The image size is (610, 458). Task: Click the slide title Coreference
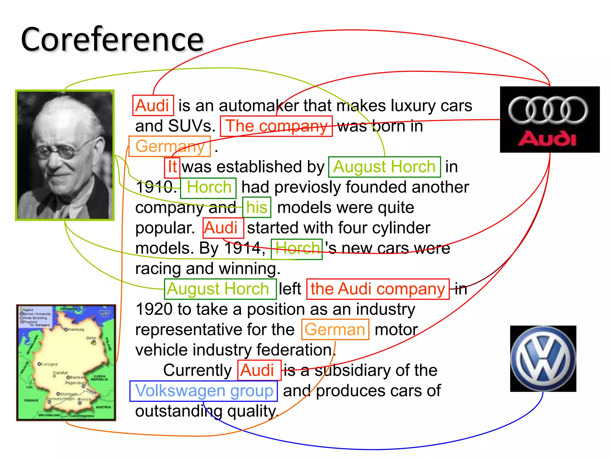pos(112,40)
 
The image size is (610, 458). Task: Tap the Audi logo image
pos(550,119)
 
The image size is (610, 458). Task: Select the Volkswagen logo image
pos(543,358)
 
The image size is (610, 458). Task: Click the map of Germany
pos(66,363)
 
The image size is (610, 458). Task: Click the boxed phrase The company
pos(276,126)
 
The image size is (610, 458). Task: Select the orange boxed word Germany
pos(170,146)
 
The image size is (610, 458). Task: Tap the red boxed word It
pos(172,167)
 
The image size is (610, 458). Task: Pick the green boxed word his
pos(256,207)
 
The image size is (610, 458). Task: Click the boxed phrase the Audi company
pos(378,289)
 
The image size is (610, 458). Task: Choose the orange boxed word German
pos(335,329)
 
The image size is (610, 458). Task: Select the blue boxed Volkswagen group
pos(204,391)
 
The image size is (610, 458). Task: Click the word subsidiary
pos(353,370)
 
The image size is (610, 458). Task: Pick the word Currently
pos(197,370)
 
